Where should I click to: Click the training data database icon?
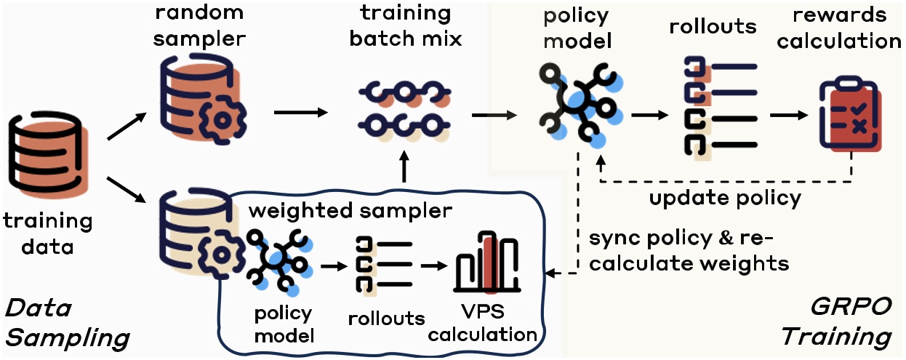(x=45, y=159)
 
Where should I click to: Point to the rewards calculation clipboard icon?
(x=849, y=116)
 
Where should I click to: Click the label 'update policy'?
(x=725, y=197)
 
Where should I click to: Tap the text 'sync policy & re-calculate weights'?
(x=688, y=251)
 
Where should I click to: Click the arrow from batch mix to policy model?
(x=494, y=114)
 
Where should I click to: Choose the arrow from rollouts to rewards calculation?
(x=789, y=115)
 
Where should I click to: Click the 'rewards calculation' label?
(x=849, y=28)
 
